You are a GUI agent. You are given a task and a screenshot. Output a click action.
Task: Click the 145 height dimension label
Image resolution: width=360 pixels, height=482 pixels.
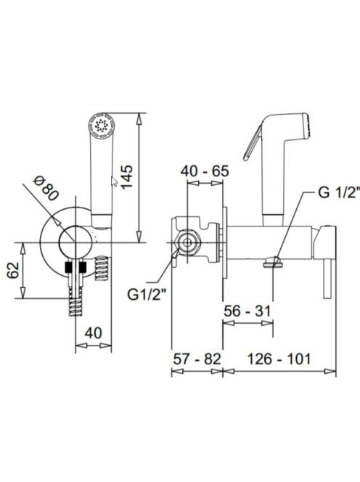[x=127, y=177]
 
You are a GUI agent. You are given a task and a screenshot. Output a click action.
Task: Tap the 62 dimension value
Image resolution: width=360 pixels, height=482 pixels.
[x=14, y=270]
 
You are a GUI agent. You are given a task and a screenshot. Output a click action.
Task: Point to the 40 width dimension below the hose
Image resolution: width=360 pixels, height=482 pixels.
[x=94, y=332]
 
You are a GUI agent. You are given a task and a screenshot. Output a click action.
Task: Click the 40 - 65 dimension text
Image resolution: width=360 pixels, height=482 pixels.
[x=205, y=171]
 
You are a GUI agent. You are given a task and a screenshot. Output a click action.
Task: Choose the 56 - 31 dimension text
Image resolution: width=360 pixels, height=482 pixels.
[x=247, y=311]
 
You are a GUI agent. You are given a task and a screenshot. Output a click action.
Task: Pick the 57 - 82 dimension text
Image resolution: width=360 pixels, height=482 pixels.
[x=197, y=359]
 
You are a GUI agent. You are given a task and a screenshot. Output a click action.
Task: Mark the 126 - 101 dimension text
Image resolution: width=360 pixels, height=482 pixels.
[x=279, y=359]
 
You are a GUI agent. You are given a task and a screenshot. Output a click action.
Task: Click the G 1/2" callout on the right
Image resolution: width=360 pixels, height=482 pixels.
[x=338, y=193]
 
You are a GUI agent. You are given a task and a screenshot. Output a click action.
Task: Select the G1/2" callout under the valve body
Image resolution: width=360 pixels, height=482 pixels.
[x=147, y=295]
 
